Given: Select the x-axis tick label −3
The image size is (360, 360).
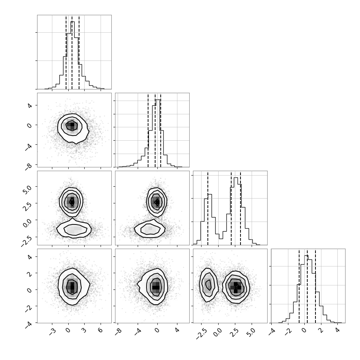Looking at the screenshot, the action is pos(52,331).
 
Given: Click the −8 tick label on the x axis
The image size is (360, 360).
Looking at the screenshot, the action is pos(118,331).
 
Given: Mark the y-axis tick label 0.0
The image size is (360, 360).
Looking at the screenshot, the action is pos(27,222).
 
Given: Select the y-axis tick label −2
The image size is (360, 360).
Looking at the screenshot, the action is pos(29,308).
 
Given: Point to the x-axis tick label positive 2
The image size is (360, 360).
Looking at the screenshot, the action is pos(321,330).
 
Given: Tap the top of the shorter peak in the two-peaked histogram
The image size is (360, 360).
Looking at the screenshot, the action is pos(210,194).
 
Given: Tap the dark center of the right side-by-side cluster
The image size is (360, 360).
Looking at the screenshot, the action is pos(236,287).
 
